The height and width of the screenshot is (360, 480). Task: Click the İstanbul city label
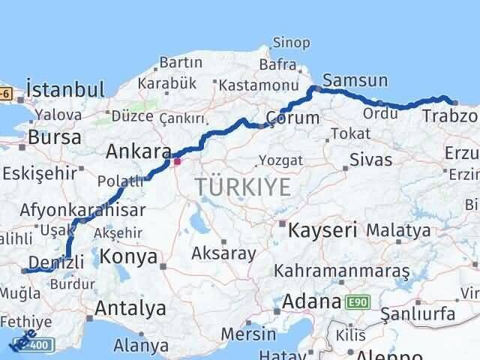click(x=64, y=90)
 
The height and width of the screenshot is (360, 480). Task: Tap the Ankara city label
click(x=138, y=151)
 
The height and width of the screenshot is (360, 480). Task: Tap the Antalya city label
click(x=130, y=307)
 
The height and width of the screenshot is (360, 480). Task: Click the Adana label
click(x=313, y=301)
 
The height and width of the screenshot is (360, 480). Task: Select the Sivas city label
click(x=371, y=160)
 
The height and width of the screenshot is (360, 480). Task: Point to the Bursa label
click(x=55, y=137)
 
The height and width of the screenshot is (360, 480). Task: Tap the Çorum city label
click(x=293, y=118)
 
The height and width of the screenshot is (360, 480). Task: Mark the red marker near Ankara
click(x=177, y=160)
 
